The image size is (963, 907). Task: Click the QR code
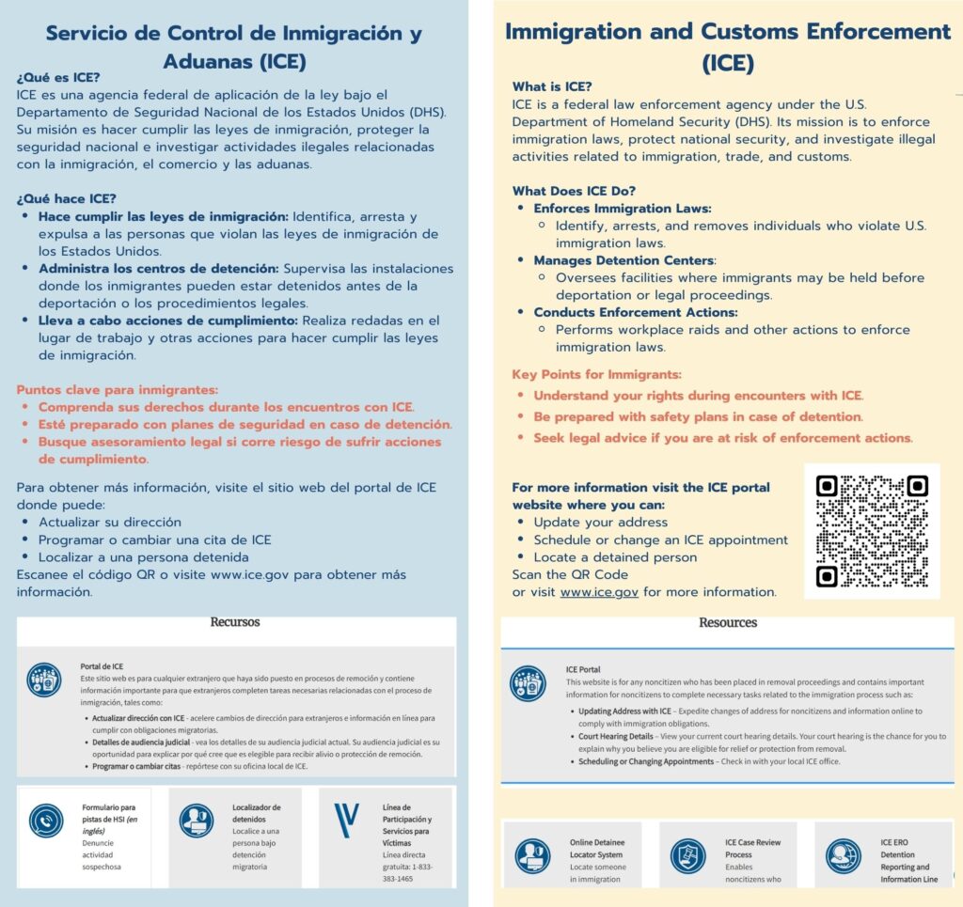coord(872,531)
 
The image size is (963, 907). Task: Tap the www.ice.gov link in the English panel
coord(599,592)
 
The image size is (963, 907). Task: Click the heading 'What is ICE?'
coord(552,86)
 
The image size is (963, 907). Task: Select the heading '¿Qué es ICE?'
coord(58,77)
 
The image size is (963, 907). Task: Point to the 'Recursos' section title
coord(235,622)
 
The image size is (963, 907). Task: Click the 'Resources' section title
coord(728,622)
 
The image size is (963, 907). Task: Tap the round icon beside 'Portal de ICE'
coord(44,680)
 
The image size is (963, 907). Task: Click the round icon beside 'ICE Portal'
coord(528,683)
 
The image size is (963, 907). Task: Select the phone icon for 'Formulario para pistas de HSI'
coord(45,821)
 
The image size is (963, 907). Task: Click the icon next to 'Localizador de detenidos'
coord(197,821)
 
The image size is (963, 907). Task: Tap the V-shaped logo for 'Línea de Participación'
coord(347,821)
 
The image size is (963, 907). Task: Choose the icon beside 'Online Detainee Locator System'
coord(533,855)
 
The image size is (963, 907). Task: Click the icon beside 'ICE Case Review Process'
coord(687,855)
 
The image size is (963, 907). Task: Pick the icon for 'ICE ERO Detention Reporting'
coord(843,855)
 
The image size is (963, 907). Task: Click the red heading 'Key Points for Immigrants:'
coord(596,374)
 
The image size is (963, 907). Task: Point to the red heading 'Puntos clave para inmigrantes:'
coord(118,389)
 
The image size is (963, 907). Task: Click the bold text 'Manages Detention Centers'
coord(624,260)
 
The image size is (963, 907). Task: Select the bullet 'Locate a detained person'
coord(615,557)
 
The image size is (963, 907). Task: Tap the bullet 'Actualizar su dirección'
coord(110,522)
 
